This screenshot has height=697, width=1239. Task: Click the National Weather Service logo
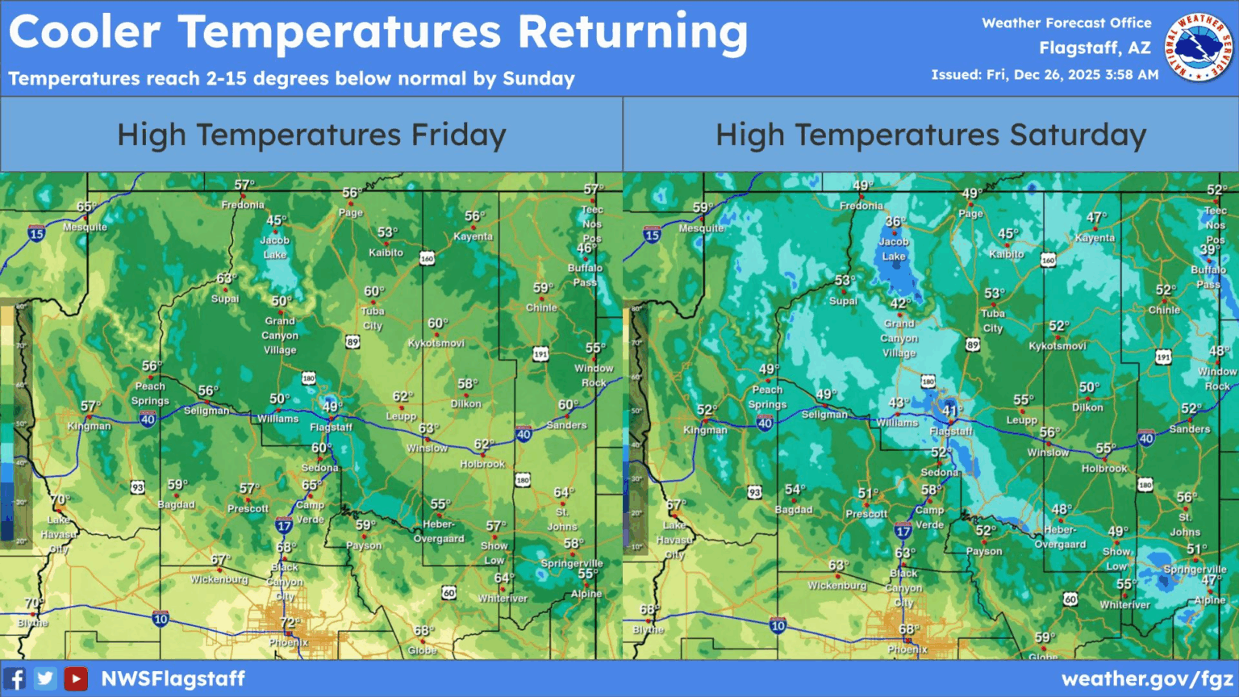1199,48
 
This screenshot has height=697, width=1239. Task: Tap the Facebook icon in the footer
15,678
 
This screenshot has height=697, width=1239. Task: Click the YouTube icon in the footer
76,678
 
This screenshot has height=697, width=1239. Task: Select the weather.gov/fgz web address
1147,678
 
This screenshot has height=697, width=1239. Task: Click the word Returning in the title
632,32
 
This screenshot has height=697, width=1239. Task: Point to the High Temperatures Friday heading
311,135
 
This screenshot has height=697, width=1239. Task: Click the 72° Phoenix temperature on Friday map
289,623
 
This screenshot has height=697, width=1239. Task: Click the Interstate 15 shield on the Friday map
36,234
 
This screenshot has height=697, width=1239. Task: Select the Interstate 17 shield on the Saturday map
903,531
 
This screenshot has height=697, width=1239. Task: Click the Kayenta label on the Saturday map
1095,238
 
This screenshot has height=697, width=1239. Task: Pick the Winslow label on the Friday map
427,448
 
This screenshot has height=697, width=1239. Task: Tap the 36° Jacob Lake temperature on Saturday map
895,222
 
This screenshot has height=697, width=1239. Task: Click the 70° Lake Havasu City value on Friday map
60,500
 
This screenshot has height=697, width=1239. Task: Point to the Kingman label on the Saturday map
705,430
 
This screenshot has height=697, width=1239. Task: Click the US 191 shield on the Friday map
540,354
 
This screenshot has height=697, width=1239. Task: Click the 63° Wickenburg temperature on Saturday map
838,566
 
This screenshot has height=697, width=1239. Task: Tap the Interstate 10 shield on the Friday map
161,619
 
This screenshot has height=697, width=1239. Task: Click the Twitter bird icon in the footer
45,678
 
